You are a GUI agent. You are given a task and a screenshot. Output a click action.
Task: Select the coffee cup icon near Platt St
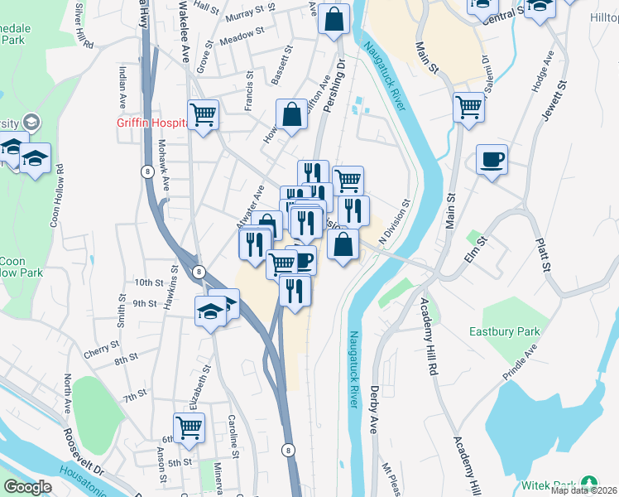pyautogui.click(x=492, y=159)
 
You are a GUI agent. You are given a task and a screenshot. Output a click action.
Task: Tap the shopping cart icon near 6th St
pyautogui.click(x=189, y=427)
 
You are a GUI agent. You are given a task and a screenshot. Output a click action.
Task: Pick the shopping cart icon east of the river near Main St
pyautogui.click(x=468, y=107)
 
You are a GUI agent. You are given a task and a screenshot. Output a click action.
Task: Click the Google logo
pyautogui.click(x=28, y=487)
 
